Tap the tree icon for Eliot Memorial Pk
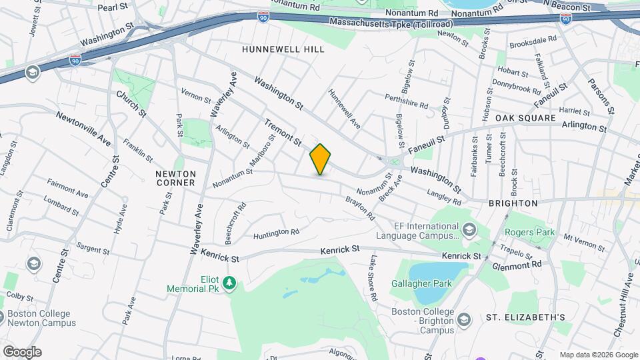[x=229, y=283]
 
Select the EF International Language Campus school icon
[x=469, y=230]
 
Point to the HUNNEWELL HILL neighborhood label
[x=283, y=49]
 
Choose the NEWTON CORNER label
[x=175, y=177]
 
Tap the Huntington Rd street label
[x=276, y=233]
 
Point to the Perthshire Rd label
[x=406, y=101]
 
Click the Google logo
[x=22, y=351]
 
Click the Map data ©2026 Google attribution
[x=598, y=355]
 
